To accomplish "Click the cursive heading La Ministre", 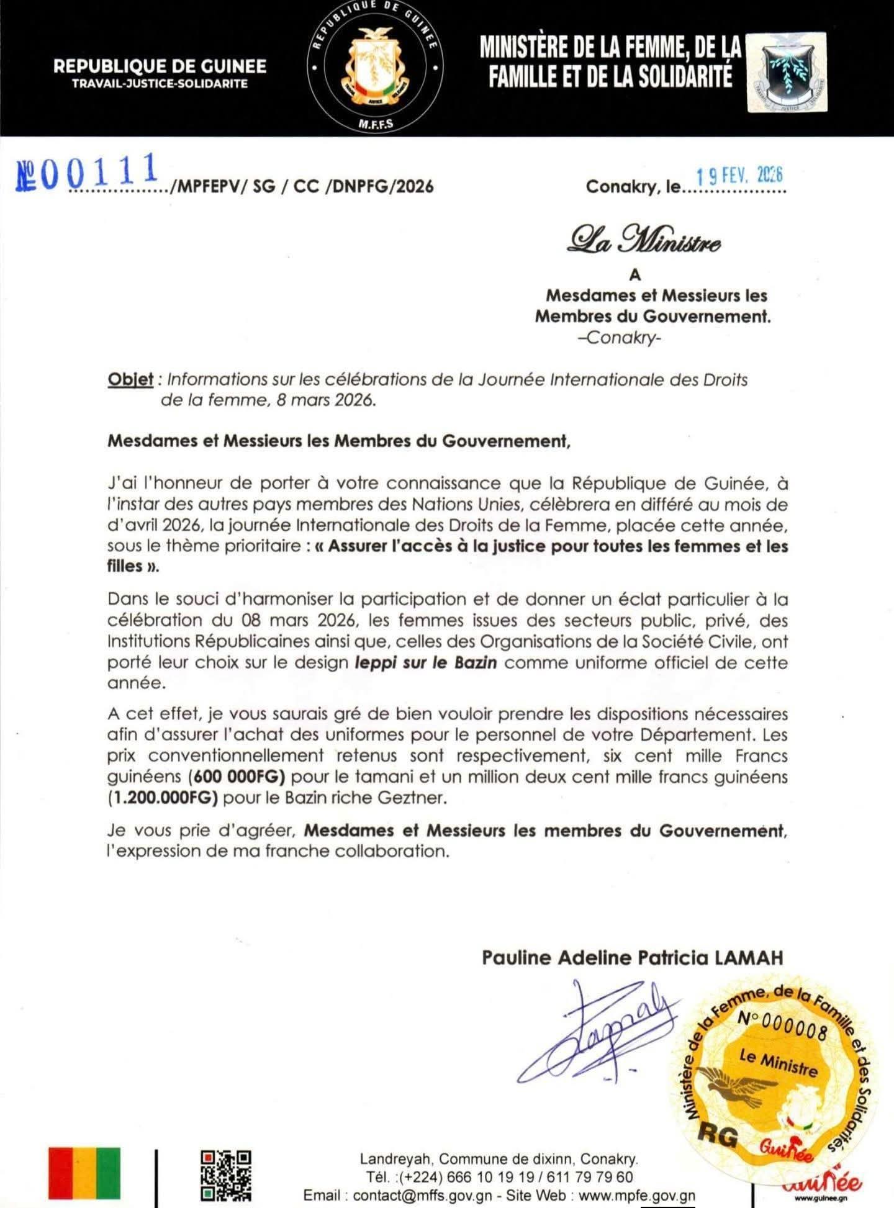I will point(644,241).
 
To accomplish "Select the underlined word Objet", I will point(130,379).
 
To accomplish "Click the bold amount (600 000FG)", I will point(236,777).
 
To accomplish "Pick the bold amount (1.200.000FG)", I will point(163,798).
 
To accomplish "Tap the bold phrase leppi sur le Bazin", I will point(426,662).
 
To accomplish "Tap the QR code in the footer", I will point(227,1174).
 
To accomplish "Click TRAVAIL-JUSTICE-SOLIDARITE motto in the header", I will point(160,83).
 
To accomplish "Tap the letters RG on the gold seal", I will point(718,1135).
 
